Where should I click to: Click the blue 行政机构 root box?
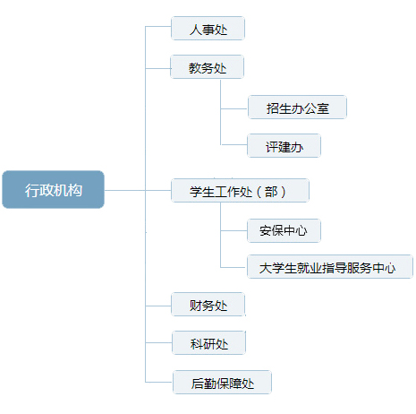53,189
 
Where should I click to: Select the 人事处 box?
208,29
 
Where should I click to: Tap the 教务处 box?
207,67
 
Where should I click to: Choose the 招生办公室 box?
297,108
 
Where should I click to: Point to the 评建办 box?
284,146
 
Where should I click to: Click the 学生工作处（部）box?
240,191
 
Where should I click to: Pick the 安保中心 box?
284,230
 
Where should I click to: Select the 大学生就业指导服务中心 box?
330,267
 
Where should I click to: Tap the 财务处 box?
208,305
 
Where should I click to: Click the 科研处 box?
208,343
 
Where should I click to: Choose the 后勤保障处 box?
222,383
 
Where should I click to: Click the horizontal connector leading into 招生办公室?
234,108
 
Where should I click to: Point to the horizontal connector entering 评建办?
233,145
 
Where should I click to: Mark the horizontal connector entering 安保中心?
233,230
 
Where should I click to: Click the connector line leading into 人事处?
158,27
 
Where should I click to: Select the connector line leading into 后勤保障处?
159,382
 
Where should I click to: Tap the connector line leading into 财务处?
158,306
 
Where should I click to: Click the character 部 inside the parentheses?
271,192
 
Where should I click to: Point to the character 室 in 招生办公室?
323,108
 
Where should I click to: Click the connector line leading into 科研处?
158,343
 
